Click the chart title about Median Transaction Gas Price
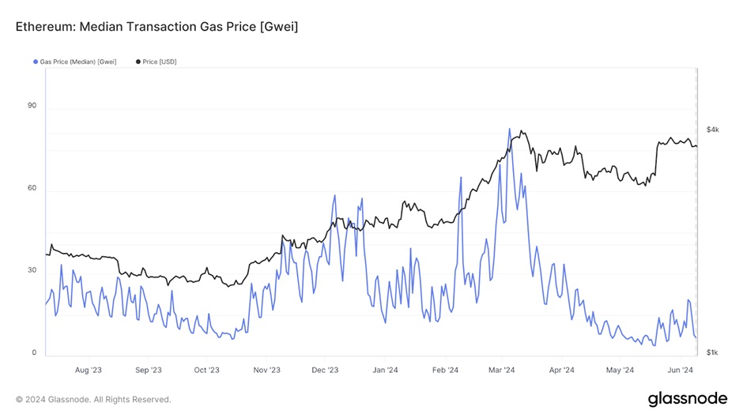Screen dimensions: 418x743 [x=157, y=27]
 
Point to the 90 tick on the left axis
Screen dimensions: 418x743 [x=32, y=105]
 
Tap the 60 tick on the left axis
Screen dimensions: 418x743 [x=32, y=188]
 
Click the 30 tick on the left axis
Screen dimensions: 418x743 [x=32, y=270]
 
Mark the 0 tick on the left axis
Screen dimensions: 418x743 [x=33, y=352]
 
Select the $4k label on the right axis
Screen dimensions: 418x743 [x=712, y=129]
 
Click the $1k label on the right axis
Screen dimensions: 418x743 [x=712, y=352]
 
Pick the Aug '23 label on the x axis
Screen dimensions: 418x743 [x=88, y=369]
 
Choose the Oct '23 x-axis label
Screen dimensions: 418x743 [x=206, y=369]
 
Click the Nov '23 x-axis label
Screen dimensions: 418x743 [x=266, y=369]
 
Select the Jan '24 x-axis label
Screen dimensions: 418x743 [x=384, y=369]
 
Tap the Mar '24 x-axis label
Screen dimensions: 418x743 [x=502, y=369]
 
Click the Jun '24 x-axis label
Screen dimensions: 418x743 [x=681, y=369]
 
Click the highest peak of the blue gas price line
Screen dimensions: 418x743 [x=509, y=129]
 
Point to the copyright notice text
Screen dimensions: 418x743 [x=93, y=399]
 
